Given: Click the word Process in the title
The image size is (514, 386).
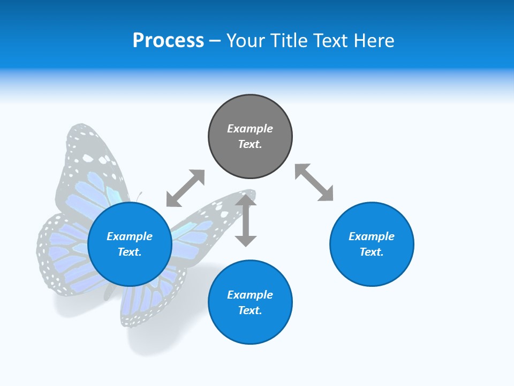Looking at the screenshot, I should (168, 41).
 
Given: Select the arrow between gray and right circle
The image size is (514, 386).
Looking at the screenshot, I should (314, 183).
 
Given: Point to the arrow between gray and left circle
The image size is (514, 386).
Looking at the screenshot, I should (185, 188).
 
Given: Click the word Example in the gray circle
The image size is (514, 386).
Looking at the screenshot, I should (250, 129).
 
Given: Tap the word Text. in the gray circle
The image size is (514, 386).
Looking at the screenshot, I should (250, 144).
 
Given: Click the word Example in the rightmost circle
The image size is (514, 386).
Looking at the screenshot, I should (372, 236).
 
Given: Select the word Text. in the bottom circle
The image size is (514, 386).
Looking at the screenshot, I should (250, 310).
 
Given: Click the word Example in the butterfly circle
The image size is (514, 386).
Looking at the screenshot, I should (130, 236).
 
